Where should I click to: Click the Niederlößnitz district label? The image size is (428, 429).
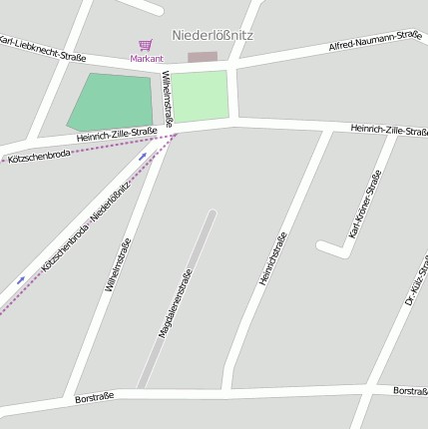pos(213,35)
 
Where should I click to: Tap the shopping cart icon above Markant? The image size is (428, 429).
pos(146,45)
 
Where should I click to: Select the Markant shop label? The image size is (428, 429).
pos(146,59)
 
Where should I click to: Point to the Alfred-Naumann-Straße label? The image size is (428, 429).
pos(375,41)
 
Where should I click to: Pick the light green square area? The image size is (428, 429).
pos(201,96)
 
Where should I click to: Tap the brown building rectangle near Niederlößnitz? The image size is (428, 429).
pos(202,57)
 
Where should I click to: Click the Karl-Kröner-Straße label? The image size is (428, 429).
pos(365,205)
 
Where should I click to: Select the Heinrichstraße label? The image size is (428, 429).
pos(272,258)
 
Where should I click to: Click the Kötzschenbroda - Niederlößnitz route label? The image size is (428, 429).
pos(87,229)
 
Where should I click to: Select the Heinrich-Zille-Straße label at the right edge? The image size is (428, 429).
pos(389,130)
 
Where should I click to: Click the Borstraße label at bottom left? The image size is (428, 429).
pos(95,397)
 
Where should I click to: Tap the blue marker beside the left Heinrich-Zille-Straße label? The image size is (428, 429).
pos(142,156)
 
